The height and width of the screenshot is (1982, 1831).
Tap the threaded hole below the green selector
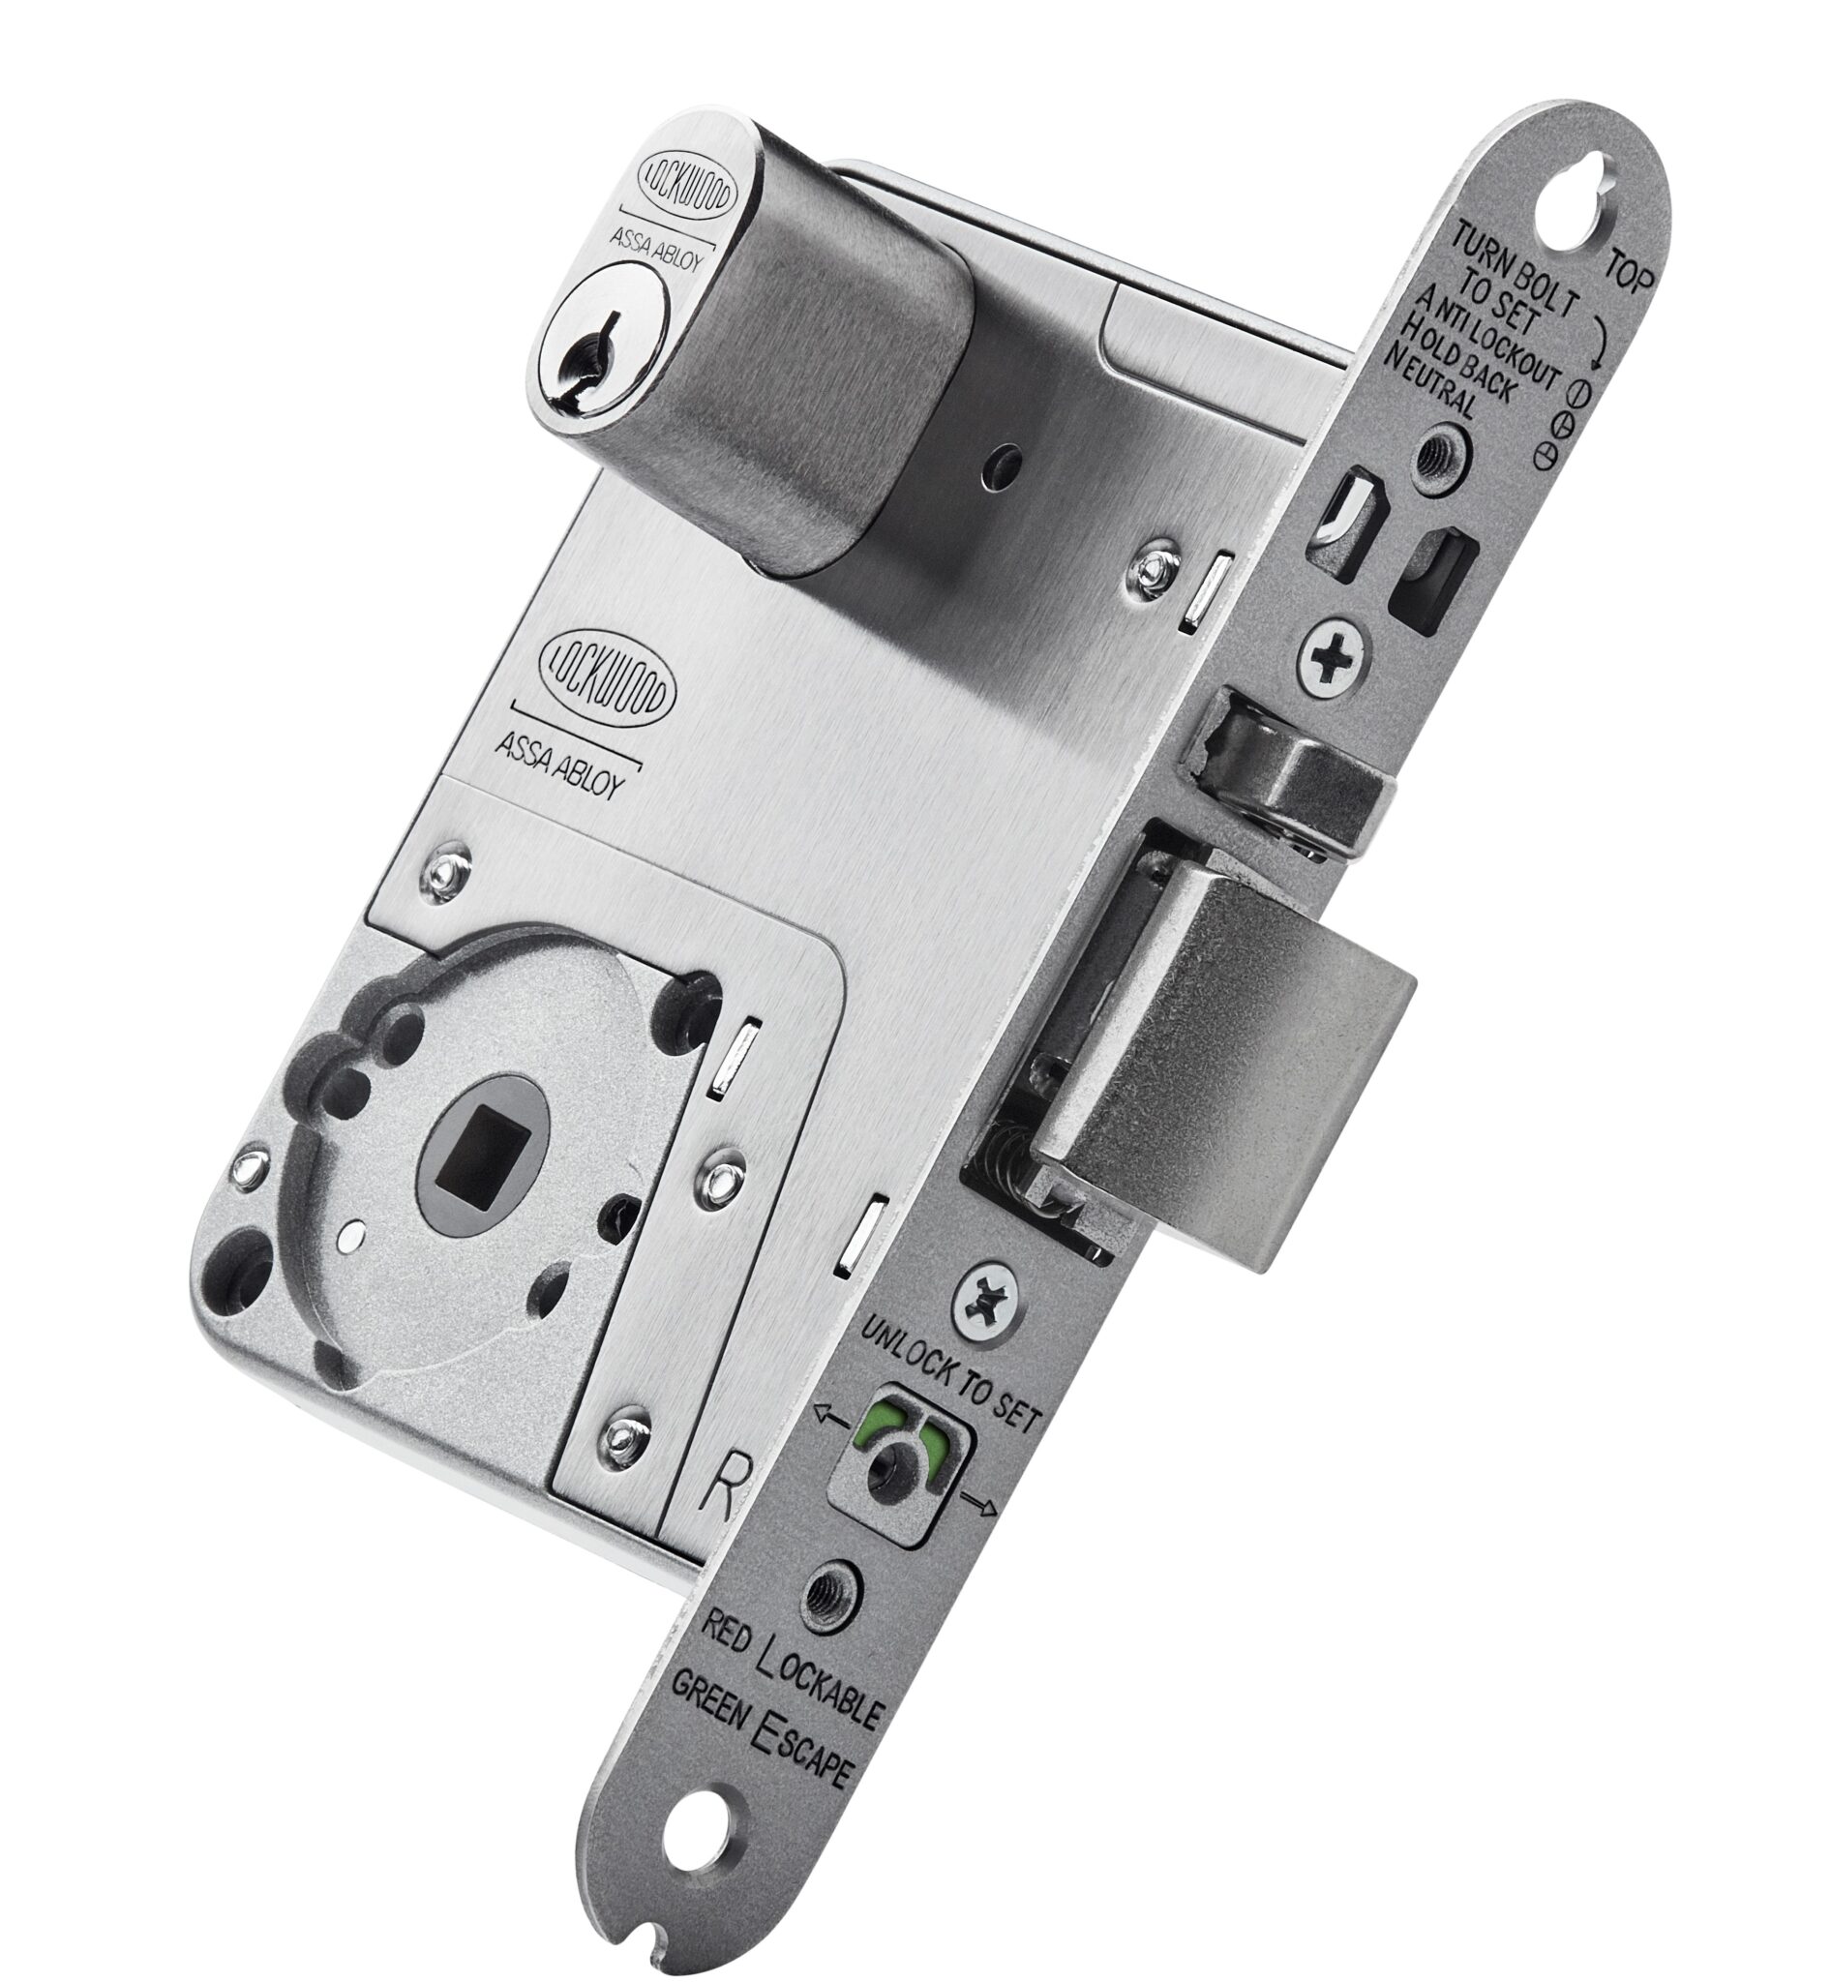[828, 1596]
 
